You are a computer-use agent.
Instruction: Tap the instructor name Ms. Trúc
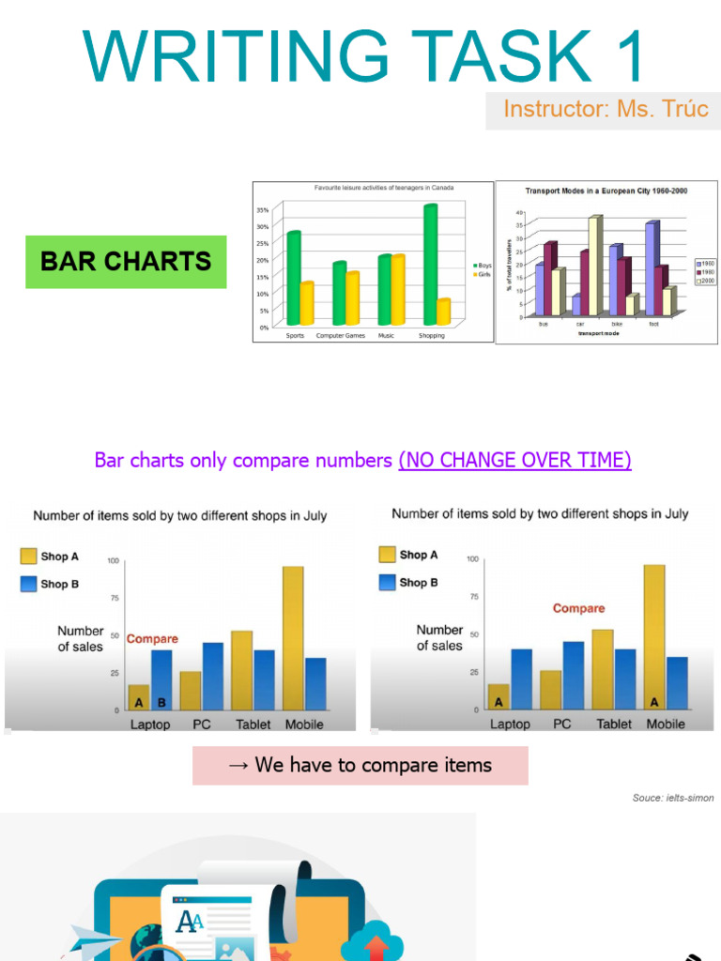pos(663,109)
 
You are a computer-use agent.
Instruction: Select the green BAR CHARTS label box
pos(126,261)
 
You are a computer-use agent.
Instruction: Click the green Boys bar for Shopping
pos(430,266)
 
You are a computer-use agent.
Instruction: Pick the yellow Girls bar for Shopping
pos(443,312)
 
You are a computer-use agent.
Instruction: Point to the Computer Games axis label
pos(341,335)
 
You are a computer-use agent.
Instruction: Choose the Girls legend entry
pos(483,275)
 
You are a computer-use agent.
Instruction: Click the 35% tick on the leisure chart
pos(263,210)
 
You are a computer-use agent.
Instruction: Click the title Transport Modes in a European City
pos(606,191)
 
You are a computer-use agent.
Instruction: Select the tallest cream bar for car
pos(594,266)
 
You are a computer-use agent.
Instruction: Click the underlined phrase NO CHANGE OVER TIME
pos(514,460)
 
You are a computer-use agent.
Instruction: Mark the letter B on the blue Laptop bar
pos(161,702)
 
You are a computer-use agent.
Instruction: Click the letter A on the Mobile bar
pos(654,701)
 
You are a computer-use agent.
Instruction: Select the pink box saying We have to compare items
pos(360,765)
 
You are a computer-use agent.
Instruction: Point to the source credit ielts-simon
pos(672,798)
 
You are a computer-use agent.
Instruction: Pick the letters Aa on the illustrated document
pos(191,922)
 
